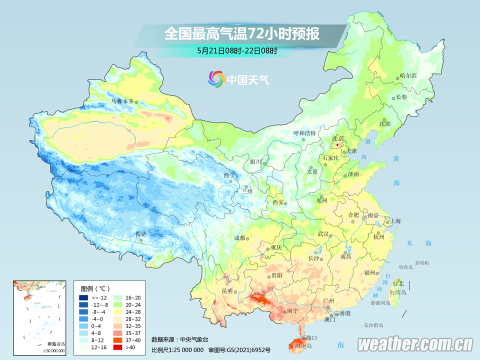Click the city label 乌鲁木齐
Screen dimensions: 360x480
coord(122,101)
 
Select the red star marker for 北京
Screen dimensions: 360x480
coord(338,145)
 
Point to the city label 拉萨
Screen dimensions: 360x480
coord(141,234)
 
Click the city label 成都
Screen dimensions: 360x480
coord(239,238)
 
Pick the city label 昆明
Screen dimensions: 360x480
coord(227,291)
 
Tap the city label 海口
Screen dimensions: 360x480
coord(311,338)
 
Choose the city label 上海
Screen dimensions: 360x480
coord(395,220)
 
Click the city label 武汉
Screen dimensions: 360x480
coord(323,234)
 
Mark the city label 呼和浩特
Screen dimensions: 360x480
coord(304,133)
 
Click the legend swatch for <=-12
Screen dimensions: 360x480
coord(83,298)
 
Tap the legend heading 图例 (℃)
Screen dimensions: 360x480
coord(94,288)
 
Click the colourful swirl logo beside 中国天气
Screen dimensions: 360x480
coord(216,79)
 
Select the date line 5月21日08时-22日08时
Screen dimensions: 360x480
coord(237,50)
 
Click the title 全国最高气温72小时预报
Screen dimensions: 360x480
coord(242,34)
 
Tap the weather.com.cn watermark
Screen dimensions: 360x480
coord(415,344)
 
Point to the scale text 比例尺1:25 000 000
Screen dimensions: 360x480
coord(177,349)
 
